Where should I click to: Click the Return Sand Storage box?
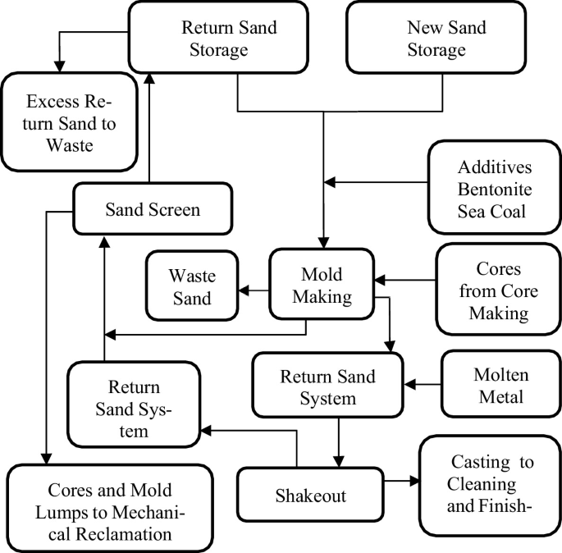pyautogui.click(x=229, y=39)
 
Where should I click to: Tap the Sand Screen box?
pyautogui.click(x=153, y=209)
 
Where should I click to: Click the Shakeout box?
pyautogui.click(x=310, y=496)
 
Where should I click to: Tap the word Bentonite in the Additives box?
pyautogui.click(x=496, y=190)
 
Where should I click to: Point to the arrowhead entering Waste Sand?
pyautogui.click(x=244, y=289)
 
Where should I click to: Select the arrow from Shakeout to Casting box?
pyautogui.click(x=401, y=482)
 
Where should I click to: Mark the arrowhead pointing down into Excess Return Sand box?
pyautogui.click(x=57, y=66)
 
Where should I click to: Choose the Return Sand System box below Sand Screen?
pyautogui.click(x=133, y=408)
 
